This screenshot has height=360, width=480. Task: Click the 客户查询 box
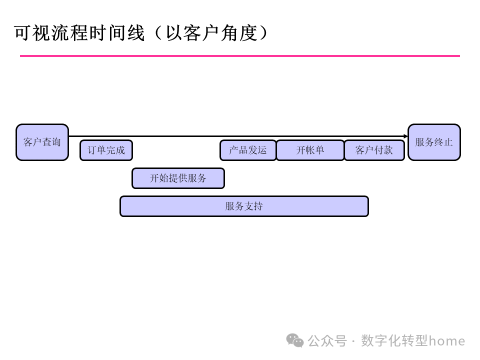(x=42, y=142)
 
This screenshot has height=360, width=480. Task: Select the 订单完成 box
(x=106, y=150)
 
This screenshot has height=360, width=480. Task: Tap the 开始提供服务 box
(x=178, y=178)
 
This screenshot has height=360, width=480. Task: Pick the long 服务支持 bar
(x=244, y=206)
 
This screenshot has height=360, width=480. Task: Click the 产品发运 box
(x=248, y=150)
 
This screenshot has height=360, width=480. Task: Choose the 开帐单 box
(x=310, y=150)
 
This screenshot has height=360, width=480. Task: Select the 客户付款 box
(x=374, y=150)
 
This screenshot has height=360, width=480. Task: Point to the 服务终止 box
(x=434, y=142)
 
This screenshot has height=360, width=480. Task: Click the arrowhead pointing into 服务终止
(x=405, y=136)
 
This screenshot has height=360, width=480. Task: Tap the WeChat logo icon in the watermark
(x=294, y=340)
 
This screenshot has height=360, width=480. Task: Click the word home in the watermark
(x=447, y=341)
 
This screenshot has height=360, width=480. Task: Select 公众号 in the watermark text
(x=327, y=341)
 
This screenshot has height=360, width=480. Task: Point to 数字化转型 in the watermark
(x=394, y=341)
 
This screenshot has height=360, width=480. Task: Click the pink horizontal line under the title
(x=240, y=56)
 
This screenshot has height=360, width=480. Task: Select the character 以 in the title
(x=173, y=33)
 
